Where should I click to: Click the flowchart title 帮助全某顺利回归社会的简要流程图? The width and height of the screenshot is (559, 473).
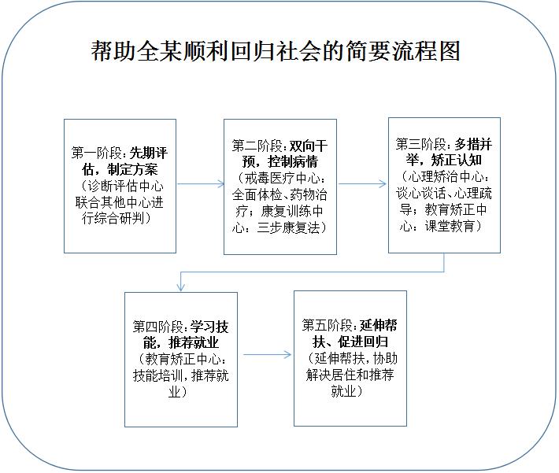(x=276, y=50)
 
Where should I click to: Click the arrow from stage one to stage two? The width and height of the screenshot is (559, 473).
(x=201, y=184)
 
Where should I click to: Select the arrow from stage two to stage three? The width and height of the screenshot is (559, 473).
(x=362, y=184)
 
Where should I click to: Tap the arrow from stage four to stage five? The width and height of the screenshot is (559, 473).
(x=268, y=355)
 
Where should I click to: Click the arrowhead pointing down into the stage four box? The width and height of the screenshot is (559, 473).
(x=181, y=287)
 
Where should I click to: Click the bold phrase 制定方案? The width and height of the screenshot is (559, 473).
(x=132, y=169)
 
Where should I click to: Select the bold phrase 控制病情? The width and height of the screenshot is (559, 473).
(x=293, y=162)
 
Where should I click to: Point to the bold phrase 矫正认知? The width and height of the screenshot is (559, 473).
(x=457, y=161)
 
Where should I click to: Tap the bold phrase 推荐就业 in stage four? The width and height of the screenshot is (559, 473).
(x=194, y=342)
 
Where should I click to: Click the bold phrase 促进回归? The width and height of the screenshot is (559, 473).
(x=363, y=342)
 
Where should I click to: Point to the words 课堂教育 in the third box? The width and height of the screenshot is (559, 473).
(x=450, y=226)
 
